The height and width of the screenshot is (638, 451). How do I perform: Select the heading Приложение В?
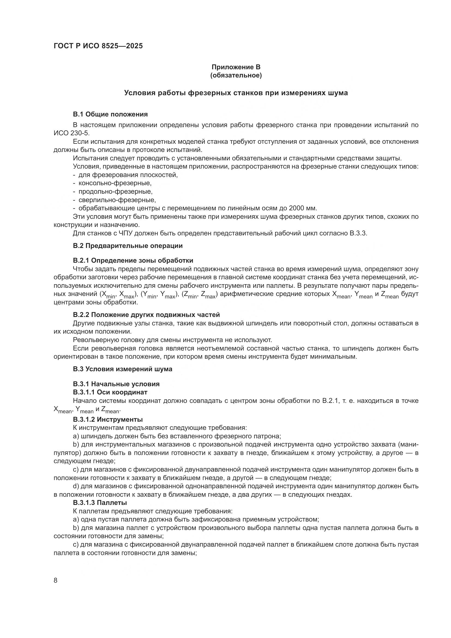[236, 67]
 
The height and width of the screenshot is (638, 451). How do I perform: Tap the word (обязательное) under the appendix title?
[236, 75]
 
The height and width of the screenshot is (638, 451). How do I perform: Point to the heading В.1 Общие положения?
[110, 114]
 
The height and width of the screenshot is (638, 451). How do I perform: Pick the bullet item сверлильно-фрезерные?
[117, 200]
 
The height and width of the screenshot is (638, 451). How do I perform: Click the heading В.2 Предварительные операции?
[128, 246]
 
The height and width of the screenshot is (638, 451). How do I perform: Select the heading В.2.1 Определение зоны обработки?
[133, 260]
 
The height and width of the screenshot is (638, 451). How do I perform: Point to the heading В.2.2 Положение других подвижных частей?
[146, 315]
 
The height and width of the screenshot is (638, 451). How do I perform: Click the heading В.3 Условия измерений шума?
[122, 369]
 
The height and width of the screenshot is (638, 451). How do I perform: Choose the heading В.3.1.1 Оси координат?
[110, 392]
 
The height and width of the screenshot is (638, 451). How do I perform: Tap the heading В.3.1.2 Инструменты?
[108, 419]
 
